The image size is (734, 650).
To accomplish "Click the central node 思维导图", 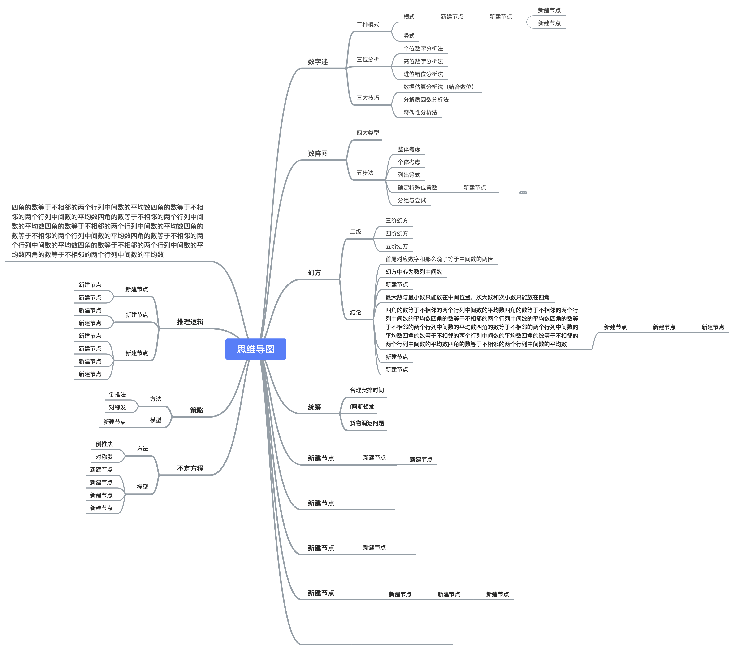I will [x=256, y=349].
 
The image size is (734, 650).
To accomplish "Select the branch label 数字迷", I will [x=317, y=62].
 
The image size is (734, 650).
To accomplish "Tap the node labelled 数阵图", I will [x=317, y=153].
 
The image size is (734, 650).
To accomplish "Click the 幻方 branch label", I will [x=314, y=273].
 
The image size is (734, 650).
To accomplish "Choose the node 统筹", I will [x=314, y=407].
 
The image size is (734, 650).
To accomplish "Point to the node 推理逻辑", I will [x=190, y=322].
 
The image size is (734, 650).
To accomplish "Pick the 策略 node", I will [x=196, y=410].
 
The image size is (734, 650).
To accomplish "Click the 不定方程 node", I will [x=190, y=469].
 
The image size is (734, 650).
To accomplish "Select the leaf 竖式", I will [x=409, y=36].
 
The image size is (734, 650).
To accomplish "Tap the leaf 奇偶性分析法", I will [x=420, y=113].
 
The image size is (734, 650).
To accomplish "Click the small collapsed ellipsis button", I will [x=523, y=193].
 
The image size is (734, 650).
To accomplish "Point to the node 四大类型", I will [x=367, y=133].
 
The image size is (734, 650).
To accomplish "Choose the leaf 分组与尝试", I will [x=411, y=201].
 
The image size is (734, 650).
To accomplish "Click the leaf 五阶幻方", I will [x=397, y=246].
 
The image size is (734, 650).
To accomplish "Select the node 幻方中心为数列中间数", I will [x=414, y=272].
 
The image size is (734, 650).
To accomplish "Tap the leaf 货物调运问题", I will [x=367, y=423].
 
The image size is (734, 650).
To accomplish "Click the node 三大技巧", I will [x=368, y=98].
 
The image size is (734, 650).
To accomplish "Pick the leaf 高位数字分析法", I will [x=423, y=61].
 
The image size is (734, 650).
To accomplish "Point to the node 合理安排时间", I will [x=367, y=390].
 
